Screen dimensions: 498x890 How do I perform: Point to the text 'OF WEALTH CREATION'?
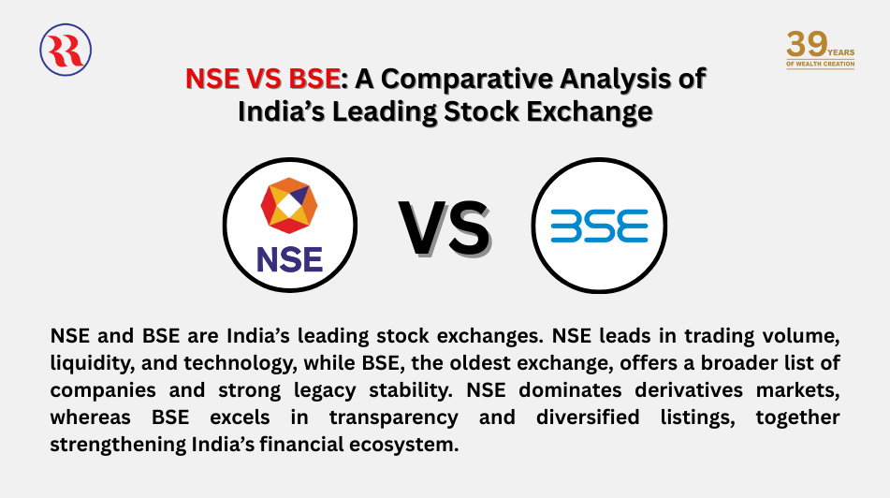pyautogui.click(x=820, y=64)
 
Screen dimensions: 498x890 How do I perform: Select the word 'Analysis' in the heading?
pyautogui.click(x=633, y=79)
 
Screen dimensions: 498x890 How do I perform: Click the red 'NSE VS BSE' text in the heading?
pyautogui.click(x=261, y=79)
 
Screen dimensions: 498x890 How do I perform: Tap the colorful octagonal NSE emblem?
pyautogui.click(x=289, y=205)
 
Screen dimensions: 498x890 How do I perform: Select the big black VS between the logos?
pyautogui.click(x=444, y=228)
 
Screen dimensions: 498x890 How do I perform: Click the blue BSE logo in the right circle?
pyautogui.click(x=599, y=226)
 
